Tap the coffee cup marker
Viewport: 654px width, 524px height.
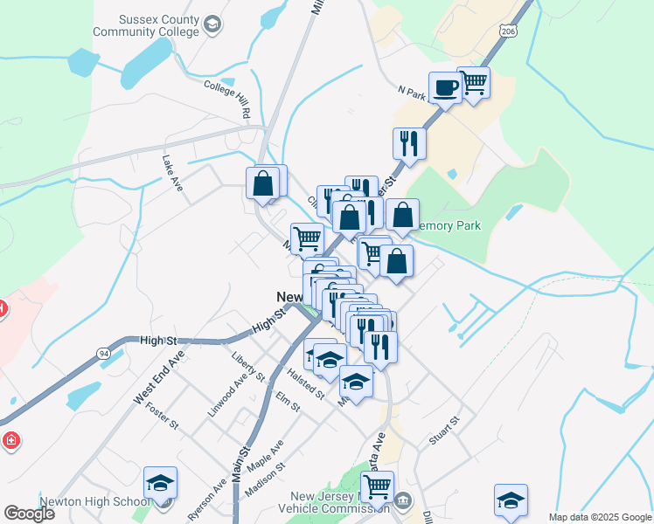[x=445, y=87]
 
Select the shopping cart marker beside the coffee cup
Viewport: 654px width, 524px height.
[x=473, y=83]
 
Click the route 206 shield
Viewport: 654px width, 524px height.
[x=508, y=31]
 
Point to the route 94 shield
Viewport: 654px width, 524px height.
[x=103, y=353]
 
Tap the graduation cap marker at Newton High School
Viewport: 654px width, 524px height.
[x=160, y=482]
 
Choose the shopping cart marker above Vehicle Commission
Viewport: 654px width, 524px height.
[x=377, y=486]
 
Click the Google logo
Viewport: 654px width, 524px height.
[x=29, y=514]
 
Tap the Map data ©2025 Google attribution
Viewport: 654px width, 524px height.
[x=600, y=517]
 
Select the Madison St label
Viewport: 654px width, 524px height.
[x=265, y=479]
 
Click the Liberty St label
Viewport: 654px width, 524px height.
[x=248, y=366]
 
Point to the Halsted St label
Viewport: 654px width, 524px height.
[x=306, y=383]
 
